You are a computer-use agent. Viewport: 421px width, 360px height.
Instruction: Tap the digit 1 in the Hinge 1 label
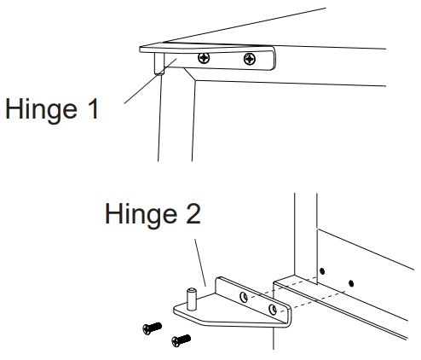coord(93,108)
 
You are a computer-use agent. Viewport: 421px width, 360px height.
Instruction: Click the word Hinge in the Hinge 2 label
coord(141,216)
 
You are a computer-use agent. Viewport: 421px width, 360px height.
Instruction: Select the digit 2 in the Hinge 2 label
coord(193,213)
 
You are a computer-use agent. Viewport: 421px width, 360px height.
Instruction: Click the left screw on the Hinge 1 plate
coord(204,58)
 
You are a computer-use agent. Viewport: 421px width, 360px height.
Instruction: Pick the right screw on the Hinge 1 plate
coord(250,59)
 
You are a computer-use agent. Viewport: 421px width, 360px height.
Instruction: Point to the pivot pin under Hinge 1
coord(159,64)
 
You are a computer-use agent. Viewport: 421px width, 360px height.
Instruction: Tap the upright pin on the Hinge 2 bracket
coord(192,299)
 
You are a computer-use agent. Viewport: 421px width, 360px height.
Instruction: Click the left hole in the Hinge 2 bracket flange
coord(244,297)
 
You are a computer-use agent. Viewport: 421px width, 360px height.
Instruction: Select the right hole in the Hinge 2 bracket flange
coord(273,310)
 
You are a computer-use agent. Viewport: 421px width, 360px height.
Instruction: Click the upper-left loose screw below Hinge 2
coord(152,328)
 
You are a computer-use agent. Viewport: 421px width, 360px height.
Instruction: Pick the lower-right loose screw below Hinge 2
coord(181,340)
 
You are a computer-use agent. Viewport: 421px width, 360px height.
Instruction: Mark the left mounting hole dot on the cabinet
coord(322,271)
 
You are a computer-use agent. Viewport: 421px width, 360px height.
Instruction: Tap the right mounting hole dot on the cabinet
coord(351,283)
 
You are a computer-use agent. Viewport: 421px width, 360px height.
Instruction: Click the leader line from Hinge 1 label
coord(150,81)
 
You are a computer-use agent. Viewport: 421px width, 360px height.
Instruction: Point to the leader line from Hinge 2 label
coord(200,263)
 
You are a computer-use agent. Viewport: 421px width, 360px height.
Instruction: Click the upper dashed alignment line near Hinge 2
coord(282,287)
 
